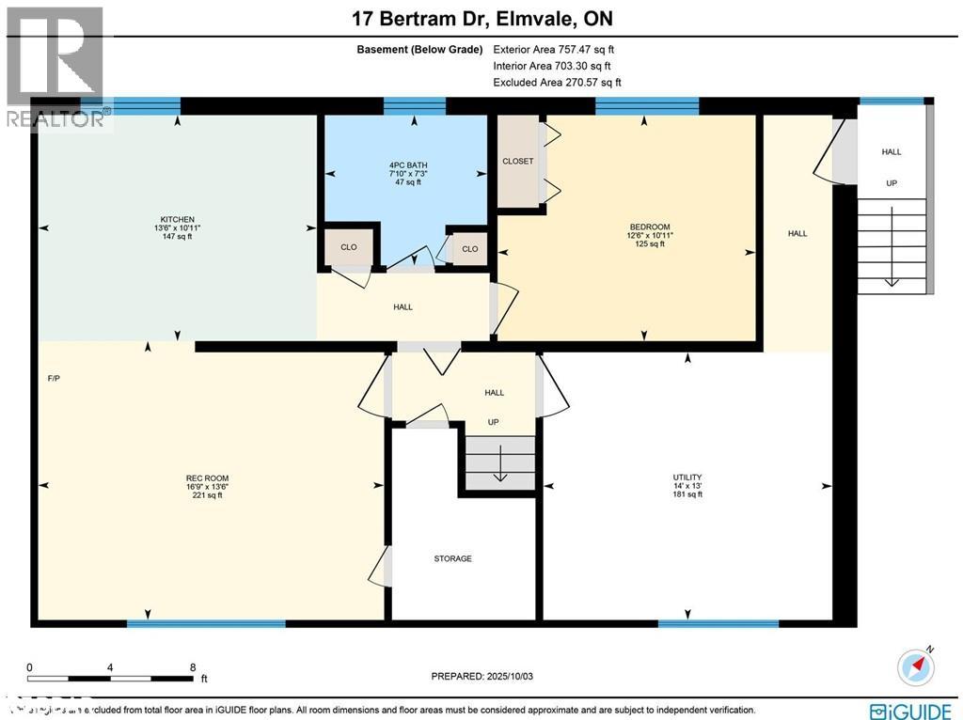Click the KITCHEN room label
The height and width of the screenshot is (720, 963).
pyautogui.click(x=177, y=218)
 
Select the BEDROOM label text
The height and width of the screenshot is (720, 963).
pyautogui.click(x=649, y=227)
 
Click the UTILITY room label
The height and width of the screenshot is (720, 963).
pyautogui.click(x=687, y=477)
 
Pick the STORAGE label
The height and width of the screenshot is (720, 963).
pyautogui.click(x=452, y=559)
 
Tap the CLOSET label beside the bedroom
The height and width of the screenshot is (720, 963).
pyautogui.click(x=517, y=162)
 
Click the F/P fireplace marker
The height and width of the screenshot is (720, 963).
pyautogui.click(x=54, y=379)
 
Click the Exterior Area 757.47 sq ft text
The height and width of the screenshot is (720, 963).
pyautogui.click(x=554, y=50)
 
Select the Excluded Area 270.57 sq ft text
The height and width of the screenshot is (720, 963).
pyautogui.click(x=557, y=83)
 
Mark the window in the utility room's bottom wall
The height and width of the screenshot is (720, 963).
pyautogui.click(x=718, y=623)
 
